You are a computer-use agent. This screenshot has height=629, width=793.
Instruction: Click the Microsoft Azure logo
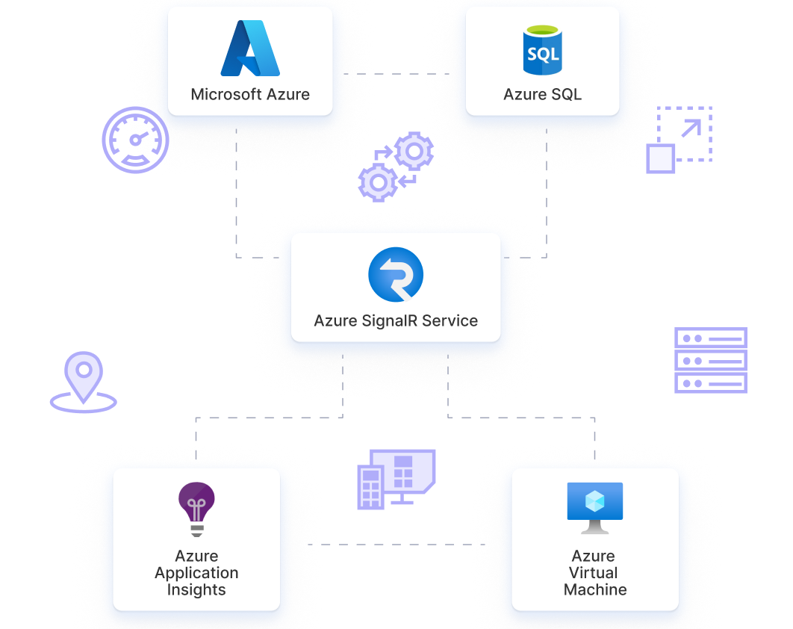click(x=250, y=49)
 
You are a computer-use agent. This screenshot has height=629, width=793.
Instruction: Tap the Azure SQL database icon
click(x=542, y=50)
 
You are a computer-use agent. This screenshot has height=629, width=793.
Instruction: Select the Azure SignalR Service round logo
click(x=396, y=275)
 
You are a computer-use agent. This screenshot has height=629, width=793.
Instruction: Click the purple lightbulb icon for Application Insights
click(x=196, y=509)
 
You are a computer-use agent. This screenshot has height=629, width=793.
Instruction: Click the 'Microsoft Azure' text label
click(x=250, y=95)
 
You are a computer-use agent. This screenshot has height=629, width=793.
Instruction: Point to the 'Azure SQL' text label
click(x=542, y=95)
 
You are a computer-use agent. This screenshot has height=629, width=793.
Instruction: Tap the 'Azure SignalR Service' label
click(x=396, y=321)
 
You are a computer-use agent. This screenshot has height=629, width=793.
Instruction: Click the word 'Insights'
click(x=196, y=590)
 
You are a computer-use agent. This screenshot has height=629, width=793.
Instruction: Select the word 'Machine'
click(x=595, y=590)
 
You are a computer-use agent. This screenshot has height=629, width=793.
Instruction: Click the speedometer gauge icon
click(x=135, y=140)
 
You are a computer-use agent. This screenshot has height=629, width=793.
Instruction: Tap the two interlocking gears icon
click(x=396, y=167)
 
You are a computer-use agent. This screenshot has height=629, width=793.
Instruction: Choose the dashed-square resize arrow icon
click(x=679, y=140)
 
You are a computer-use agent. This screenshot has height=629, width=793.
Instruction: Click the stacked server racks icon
click(x=711, y=360)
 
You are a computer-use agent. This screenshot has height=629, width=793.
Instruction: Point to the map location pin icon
click(x=84, y=382)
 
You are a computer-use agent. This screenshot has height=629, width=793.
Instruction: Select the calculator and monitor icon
click(x=396, y=479)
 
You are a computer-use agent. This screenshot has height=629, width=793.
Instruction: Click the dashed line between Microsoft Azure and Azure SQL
click(x=396, y=74)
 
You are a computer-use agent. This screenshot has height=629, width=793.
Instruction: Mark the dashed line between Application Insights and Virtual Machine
click(x=396, y=545)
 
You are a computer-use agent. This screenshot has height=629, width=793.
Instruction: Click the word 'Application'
click(x=196, y=573)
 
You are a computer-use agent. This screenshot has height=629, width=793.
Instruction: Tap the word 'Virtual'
click(x=595, y=573)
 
